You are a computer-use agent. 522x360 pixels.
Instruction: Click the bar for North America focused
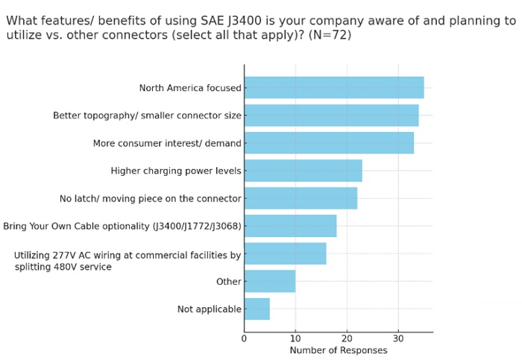pyautogui.click(x=333, y=88)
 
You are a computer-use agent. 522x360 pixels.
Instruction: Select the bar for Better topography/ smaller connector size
pyautogui.click(x=331, y=116)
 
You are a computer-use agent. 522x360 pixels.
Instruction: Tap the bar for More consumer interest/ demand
pyautogui.click(x=328, y=143)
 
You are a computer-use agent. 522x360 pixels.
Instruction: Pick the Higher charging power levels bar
pyautogui.click(x=303, y=171)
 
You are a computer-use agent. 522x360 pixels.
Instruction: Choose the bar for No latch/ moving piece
pyautogui.click(x=300, y=198)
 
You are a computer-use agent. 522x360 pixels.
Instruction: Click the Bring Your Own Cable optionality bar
pyautogui.click(x=290, y=226)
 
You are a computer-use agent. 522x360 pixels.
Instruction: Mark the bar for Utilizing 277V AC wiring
pyautogui.click(x=285, y=253)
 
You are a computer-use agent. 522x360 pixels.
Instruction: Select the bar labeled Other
pyautogui.click(x=269, y=281)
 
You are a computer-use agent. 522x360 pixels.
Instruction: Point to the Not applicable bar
pyautogui.click(x=257, y=309)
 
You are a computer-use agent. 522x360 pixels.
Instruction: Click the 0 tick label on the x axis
pyautogui.click(x=244, y=338)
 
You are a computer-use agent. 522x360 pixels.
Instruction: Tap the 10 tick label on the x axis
pyautogui.click(x=295, y=338)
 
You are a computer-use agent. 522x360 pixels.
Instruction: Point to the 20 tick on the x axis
pyautogui.click(x=347, y=338)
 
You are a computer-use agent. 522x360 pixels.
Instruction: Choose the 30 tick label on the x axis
pyautogui.click(x=398, y=338)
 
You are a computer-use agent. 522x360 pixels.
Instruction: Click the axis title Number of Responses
pyautogui.click(x=338, y=350)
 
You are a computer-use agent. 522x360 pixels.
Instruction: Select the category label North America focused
pyautogui.click(x=190, y=88)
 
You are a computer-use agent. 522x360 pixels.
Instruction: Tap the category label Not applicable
pyautogui.click(x=209, y=309)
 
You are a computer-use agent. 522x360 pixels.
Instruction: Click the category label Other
pyautogui.click(x=228, y=282)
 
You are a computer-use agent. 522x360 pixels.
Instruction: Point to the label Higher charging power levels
pyautogui.click(x=176, y=171)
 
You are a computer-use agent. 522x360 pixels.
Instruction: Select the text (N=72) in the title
pyautogui.click(x=327, y=35)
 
